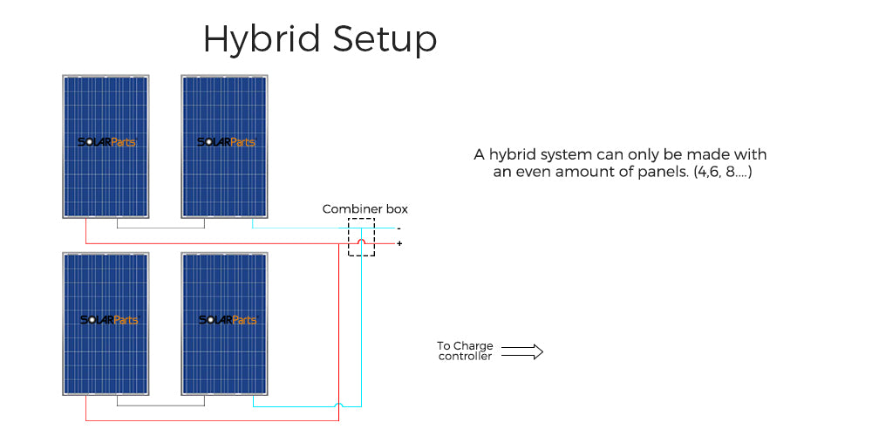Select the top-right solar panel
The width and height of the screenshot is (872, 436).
(x=225, y=146)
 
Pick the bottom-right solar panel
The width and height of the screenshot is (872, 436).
(x=225, y=323)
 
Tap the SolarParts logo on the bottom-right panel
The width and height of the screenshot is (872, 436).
(x=227, y=320)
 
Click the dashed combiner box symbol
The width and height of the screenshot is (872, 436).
(x=361, y=237)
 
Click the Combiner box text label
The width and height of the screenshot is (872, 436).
(x=364, y=209)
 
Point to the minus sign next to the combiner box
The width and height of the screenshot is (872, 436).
(x=399, y=228)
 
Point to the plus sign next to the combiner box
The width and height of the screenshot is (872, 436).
(x=399, y=243)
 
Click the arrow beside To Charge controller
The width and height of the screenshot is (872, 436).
(x=522, y=351)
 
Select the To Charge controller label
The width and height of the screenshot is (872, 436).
(x=465, y=351)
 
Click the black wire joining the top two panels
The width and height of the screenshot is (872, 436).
(x=161, y=228)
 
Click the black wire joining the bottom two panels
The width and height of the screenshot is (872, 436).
(x=161, y=405)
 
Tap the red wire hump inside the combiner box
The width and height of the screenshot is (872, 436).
(x=361, y=242)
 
